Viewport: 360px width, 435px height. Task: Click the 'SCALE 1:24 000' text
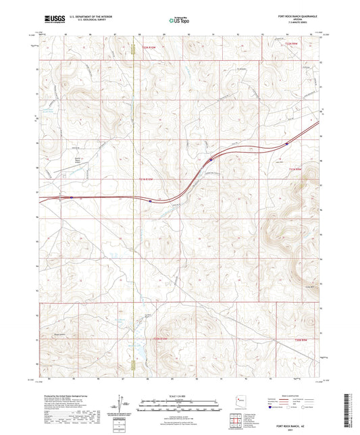[x=180, y=395]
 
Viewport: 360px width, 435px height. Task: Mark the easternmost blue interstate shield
[x=288, y=143]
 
